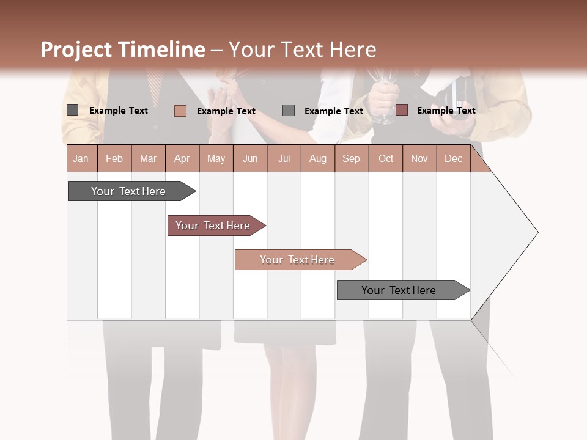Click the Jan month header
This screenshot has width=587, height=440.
point(81,158)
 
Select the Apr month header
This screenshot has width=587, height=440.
point(182,158)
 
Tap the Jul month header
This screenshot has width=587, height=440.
point(284,158)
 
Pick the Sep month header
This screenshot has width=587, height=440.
point(351,158)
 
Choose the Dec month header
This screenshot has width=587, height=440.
point(453,158)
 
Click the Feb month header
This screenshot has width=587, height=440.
point(114,158)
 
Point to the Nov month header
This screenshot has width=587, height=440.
point(419,158)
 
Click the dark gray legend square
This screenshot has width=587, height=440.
point(73,110)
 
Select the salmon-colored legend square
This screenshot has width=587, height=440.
point(180,111)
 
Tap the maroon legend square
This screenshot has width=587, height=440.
point(401,110)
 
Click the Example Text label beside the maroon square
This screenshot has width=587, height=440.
point(446,111)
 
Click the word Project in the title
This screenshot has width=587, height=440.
point(76,50)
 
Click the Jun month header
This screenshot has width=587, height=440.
point(250,158)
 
